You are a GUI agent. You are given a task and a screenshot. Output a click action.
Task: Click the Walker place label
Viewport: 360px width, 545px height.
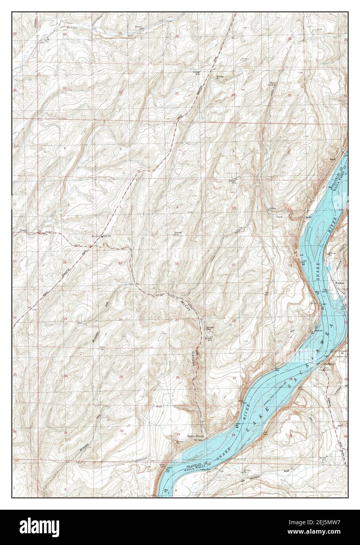pyautogui.click(x=339, y=282)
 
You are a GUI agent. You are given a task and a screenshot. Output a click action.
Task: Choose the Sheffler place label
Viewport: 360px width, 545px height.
pyautogui.click(x=328, y=364)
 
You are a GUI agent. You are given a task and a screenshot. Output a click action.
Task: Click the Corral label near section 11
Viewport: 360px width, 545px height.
pyautogui.click(x=280, y=216)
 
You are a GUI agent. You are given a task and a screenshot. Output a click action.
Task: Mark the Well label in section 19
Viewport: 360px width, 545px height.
pyautogui.click(x=80, y=323)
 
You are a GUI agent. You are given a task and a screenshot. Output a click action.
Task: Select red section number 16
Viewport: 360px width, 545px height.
pyautogui.click(x=177, y=264)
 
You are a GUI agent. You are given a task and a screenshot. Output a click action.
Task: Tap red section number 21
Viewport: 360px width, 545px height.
pyautogui.click(x=177, y=321)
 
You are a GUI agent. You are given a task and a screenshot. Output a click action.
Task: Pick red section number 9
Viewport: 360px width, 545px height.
pyautogui.click(x=177, y=207)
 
